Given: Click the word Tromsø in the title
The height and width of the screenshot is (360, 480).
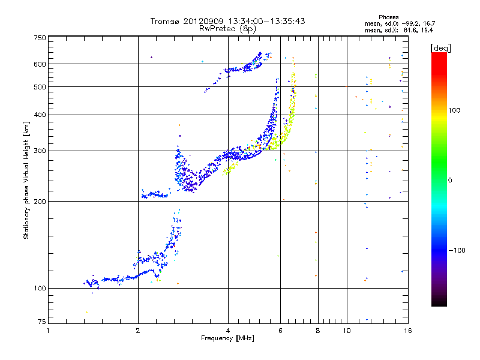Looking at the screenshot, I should tap(166, 21).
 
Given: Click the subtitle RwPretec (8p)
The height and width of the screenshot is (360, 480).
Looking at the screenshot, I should tap(228, 28).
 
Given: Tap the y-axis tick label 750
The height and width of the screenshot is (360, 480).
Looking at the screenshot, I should tap(40, 37).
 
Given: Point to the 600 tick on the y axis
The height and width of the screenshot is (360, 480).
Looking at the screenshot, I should tap(40, 64).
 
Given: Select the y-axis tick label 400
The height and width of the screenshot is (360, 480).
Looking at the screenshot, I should tap(40, 115).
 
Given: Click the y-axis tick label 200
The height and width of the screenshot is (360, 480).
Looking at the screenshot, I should tap(40, 201).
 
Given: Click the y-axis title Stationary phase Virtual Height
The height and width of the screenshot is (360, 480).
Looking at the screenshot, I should tap(27, 180).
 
